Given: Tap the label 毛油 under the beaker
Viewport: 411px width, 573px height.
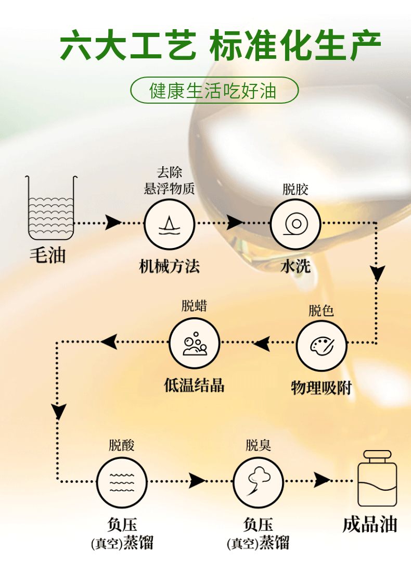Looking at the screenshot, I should point(48,255).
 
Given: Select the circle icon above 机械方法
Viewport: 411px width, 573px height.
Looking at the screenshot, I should point(169,225).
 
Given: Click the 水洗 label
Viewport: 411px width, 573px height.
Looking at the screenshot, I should point(295,267).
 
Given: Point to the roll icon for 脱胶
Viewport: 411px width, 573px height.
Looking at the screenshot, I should point(295,225).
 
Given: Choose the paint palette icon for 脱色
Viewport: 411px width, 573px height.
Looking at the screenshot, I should point(321,345).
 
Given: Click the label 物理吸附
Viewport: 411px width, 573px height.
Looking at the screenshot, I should point(321,388).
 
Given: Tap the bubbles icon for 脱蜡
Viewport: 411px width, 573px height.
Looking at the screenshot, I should point(195,343).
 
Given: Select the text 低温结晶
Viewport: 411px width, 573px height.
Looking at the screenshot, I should point(195,385).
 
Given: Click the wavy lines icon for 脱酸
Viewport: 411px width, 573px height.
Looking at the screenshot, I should point(122,482).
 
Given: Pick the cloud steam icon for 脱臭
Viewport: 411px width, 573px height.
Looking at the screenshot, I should point(258,482).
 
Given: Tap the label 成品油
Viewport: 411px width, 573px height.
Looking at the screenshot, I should point(370,524).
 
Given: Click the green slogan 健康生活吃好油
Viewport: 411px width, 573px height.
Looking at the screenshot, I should point(213,91).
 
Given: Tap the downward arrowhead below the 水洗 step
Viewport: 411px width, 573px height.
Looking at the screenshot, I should point(377,273).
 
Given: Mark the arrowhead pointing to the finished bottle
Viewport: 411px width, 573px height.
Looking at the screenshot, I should point(323,480).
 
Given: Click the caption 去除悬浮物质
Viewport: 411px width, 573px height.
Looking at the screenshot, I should point(169,181).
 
